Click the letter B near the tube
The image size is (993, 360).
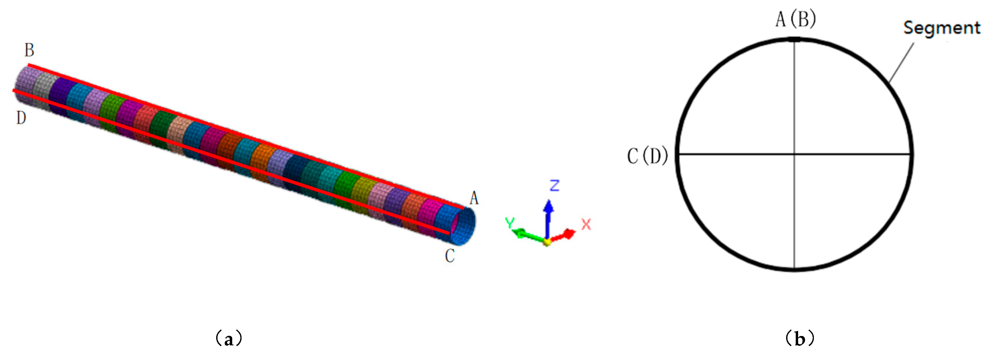[29, 50]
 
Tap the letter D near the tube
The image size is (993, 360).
[21, 118]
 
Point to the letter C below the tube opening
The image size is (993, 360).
[450, 256]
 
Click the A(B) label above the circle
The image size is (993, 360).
[796, 19]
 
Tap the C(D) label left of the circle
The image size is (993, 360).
[648, 156]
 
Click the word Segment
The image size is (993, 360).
[942, 28]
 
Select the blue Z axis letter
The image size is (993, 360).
[554, 185]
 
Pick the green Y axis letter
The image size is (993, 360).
[510, 223]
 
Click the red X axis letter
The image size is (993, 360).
[586, 224]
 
